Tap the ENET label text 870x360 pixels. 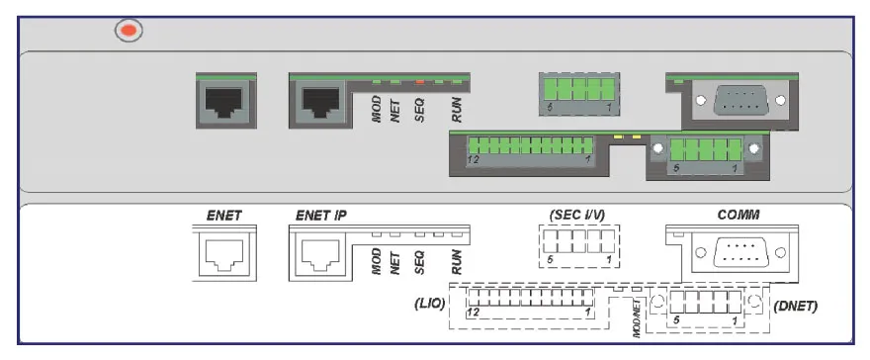[x=223, y=215]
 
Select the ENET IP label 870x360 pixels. [x=321, y=215]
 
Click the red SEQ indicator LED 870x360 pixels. [x=419, y=81]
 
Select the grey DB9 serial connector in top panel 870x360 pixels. [x=739, y=100]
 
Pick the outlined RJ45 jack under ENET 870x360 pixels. [x=224, y=255]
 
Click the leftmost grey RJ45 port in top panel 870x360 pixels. [x=224, y=100]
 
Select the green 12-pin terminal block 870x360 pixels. [x=529, y=150]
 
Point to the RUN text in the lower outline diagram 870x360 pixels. [x=456, y=260]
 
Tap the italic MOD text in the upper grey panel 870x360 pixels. [x=377, y=112]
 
